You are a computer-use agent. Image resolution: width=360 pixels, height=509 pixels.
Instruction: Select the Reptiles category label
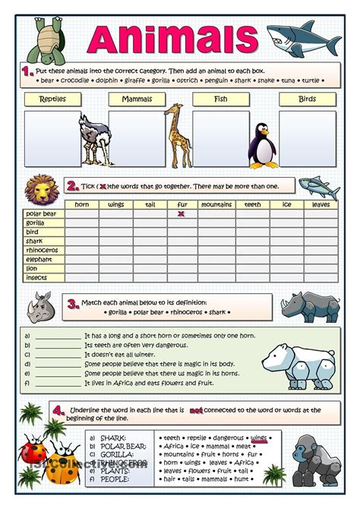pyautogui.click(x=52, y=100)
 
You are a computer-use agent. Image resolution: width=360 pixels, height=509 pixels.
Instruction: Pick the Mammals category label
pyautogui.click(x=137, y=100)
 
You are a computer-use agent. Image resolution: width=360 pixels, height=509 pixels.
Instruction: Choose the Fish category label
pyautogui.click(x=220, y=100)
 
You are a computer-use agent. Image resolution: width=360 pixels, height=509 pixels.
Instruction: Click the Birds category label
pyautogui.click(x=307, y=100)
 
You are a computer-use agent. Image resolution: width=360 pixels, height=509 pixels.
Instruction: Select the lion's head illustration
pyautogui.click(x=41, y=188)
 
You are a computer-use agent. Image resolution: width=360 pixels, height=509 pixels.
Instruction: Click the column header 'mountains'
pyautogui.click(x=216, y=204)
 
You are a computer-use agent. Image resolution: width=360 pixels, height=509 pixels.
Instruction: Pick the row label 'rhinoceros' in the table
pyautogui.click(x=43, y=250)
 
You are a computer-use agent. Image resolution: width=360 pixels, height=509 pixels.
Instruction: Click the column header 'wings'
pyautogui.click(x=115, y=204)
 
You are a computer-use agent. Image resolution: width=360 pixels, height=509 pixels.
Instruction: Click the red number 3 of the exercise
pyautogui.click(x=73, y=305)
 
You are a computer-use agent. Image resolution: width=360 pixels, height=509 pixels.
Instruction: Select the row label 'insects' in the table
pyautogui.click(x=37, y=277)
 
